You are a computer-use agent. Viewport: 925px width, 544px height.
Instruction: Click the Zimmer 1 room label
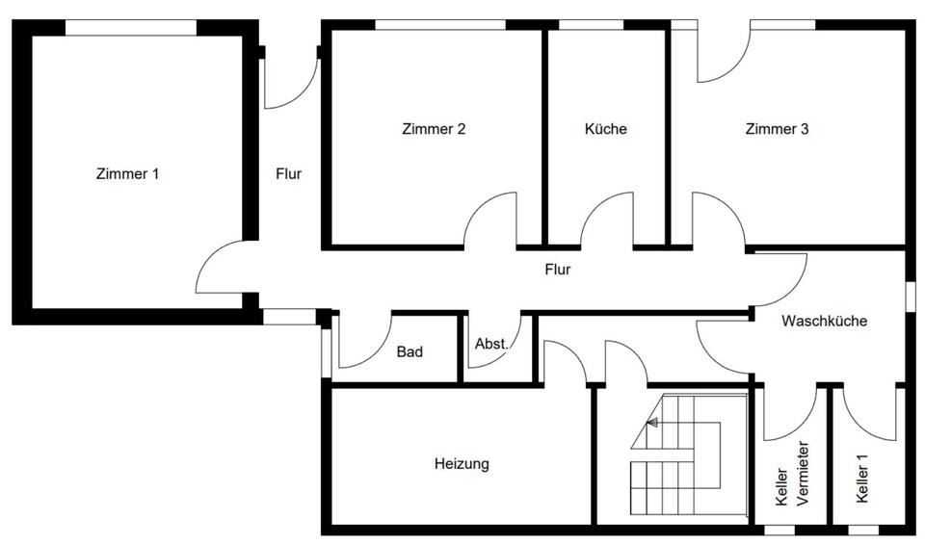click(x=127, y=174)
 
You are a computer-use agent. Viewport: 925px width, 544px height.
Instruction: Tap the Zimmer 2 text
click(x=434, y=129)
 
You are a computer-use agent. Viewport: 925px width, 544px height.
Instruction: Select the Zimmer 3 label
click(x=777, y=129)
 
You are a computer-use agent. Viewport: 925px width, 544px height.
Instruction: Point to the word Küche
click(x=606, y=129)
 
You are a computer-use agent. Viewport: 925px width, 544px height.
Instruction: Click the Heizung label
click(x=462, y=464)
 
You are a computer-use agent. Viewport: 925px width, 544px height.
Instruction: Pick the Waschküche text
click(x=824, y=322)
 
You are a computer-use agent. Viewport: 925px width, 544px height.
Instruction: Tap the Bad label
click(x=410, y=352)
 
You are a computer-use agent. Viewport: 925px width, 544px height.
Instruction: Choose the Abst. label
click(x=490, y=344)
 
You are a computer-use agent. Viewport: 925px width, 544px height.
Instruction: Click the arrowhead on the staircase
click(x=652, y=422)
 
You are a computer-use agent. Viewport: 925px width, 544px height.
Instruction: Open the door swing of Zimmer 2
click(x=491, y=219)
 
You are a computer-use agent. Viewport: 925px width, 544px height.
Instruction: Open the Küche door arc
click(x=607, y=219)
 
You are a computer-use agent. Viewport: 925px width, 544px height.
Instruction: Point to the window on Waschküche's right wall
click(x=909, y=296)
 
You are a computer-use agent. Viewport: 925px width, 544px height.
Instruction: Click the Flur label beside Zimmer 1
click(x=288, y=174)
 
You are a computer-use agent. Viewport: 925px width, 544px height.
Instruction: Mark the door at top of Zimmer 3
click(x=725, y=53)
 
